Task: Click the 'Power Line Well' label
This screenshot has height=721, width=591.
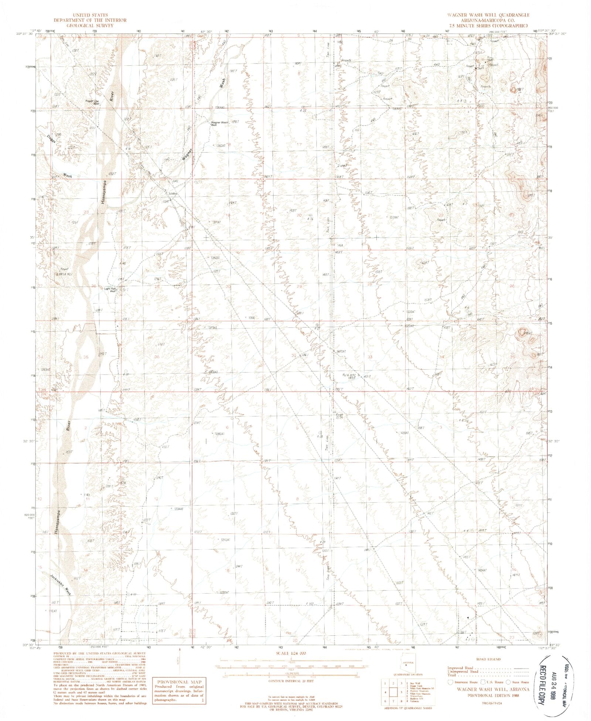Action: [92, 102]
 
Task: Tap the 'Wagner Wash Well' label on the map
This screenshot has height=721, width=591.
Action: [219, 124]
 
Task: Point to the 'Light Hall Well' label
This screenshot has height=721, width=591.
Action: [110, 290]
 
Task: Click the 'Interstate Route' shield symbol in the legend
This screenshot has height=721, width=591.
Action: [450, 682]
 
